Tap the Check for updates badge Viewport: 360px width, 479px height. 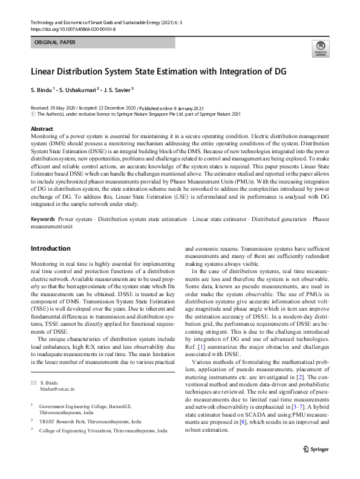(319, 50)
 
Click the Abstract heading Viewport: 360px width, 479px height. (42, 130)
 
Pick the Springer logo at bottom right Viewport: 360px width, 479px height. (315, 450)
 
